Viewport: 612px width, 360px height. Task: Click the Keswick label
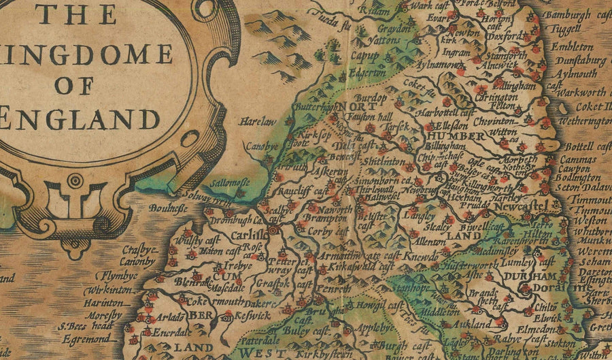pos(254,316)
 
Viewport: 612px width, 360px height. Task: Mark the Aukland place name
pos(489,325)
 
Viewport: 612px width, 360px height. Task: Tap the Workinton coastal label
pos(98,289)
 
